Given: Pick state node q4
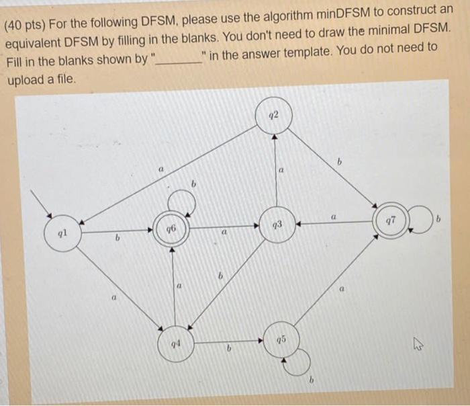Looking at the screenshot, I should click(x=175, y=343).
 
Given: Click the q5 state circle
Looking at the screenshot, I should click(x=279, y=338).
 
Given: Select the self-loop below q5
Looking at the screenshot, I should click(x=298, y=363).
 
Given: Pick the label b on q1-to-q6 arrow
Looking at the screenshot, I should click(x=117, y=237).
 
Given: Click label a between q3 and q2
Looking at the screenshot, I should click(x=282, y=173).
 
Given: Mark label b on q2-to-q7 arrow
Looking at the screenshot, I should click(x=340, y=162).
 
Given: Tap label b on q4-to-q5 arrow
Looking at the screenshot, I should click(x=228, y=348).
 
